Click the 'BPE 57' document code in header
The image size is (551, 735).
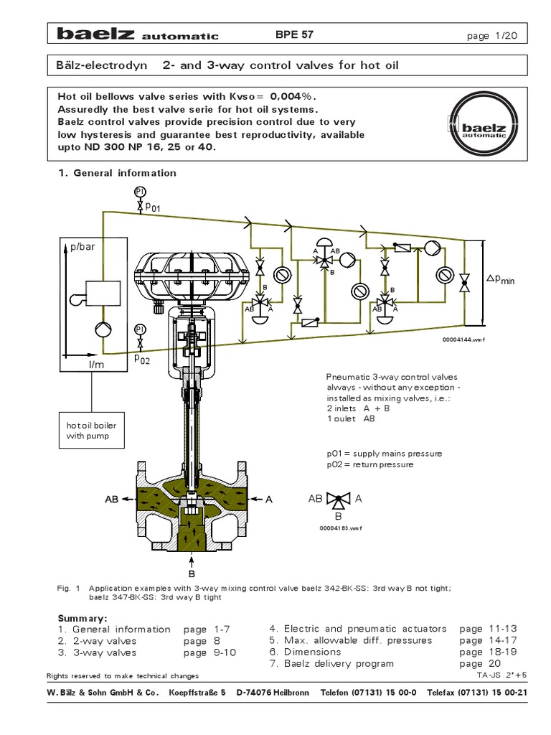[294, 34]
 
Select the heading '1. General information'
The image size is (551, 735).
[116, 172]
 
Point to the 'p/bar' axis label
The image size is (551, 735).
[82, 246]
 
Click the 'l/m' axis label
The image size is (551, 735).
[96, 365]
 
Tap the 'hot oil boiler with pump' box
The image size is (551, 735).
[91, 430]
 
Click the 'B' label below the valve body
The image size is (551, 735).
[192, 574]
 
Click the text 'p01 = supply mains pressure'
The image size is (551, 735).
[384, 454]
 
